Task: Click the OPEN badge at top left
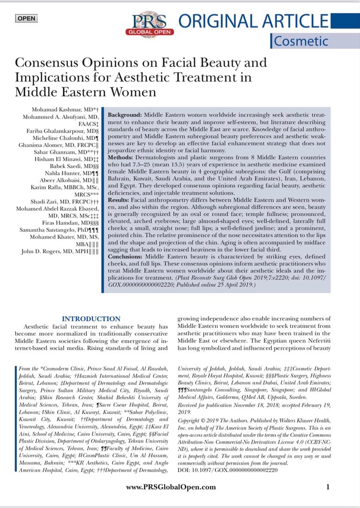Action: (26, 19)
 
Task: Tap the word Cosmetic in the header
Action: (301, 41)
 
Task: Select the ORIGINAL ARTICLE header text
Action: (254, 22)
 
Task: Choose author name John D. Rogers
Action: (55, 251)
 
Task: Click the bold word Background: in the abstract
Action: (125, 115)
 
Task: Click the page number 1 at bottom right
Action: (328, 486)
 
